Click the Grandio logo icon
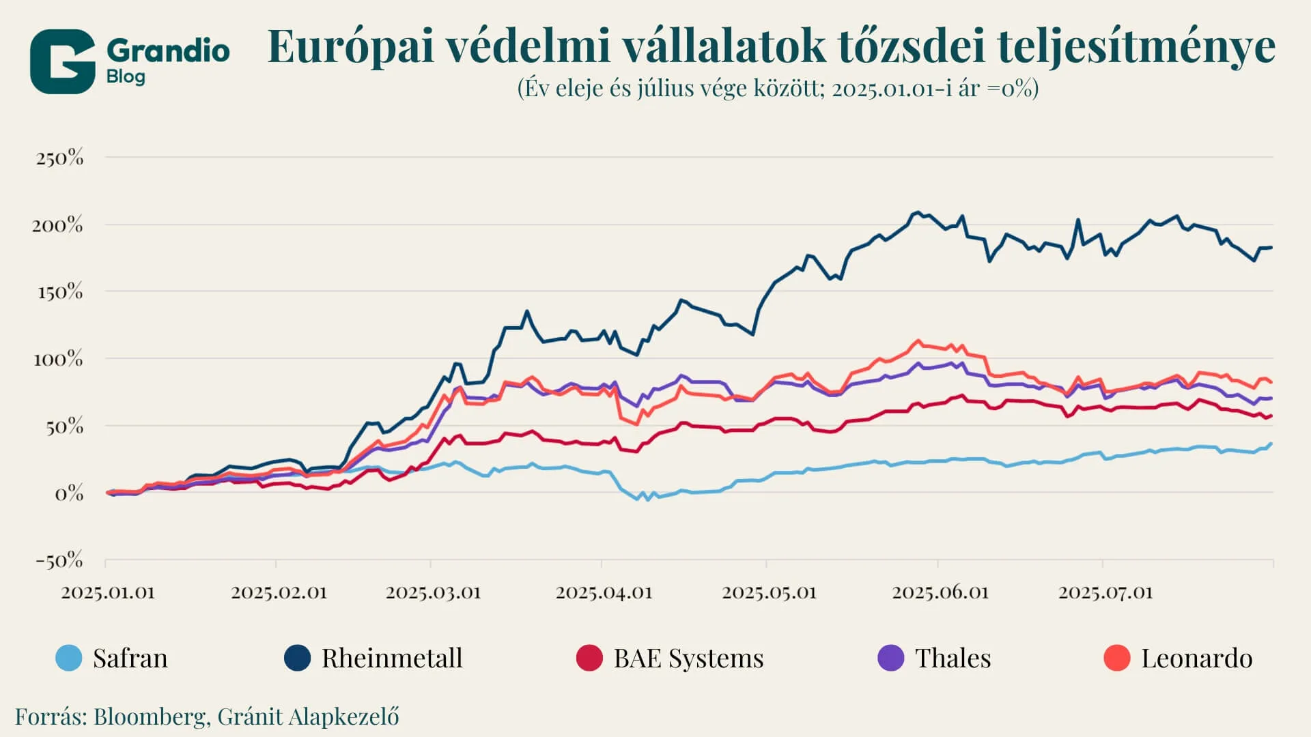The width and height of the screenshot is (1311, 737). (x=62, y=61)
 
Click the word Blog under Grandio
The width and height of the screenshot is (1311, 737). (x=126, y=76)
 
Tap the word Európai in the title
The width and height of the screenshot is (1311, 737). (x=350, y=47)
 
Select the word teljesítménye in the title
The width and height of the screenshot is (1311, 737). (x=1136, y=47)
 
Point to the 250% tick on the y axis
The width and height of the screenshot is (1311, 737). (x=60, y=158)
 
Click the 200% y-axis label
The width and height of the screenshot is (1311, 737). (x=57, y=225)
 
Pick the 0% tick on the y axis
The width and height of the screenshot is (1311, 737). (x=69, y=493)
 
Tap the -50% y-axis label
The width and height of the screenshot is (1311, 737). (x=59, y=561)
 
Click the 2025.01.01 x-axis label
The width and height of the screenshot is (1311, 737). (x=108, y=592)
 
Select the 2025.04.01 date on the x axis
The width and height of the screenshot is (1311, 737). (x=604, y=592)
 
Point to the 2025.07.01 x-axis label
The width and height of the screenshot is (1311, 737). (x=1105, y=592)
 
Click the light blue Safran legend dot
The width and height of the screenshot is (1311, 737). (x=69, y=658)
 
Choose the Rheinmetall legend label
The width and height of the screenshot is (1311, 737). (x=392, y=659)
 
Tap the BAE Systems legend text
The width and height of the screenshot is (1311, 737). (x=688, y=659)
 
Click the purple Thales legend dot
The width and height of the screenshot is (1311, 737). (x=890, y=658)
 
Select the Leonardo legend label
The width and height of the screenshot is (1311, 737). (x=1196, y=659)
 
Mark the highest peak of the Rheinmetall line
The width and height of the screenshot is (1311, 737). (x=918, y=212)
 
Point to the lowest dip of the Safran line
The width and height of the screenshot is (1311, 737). (x=647, y=500)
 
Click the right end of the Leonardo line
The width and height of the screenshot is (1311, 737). (x=1271, y=382)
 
